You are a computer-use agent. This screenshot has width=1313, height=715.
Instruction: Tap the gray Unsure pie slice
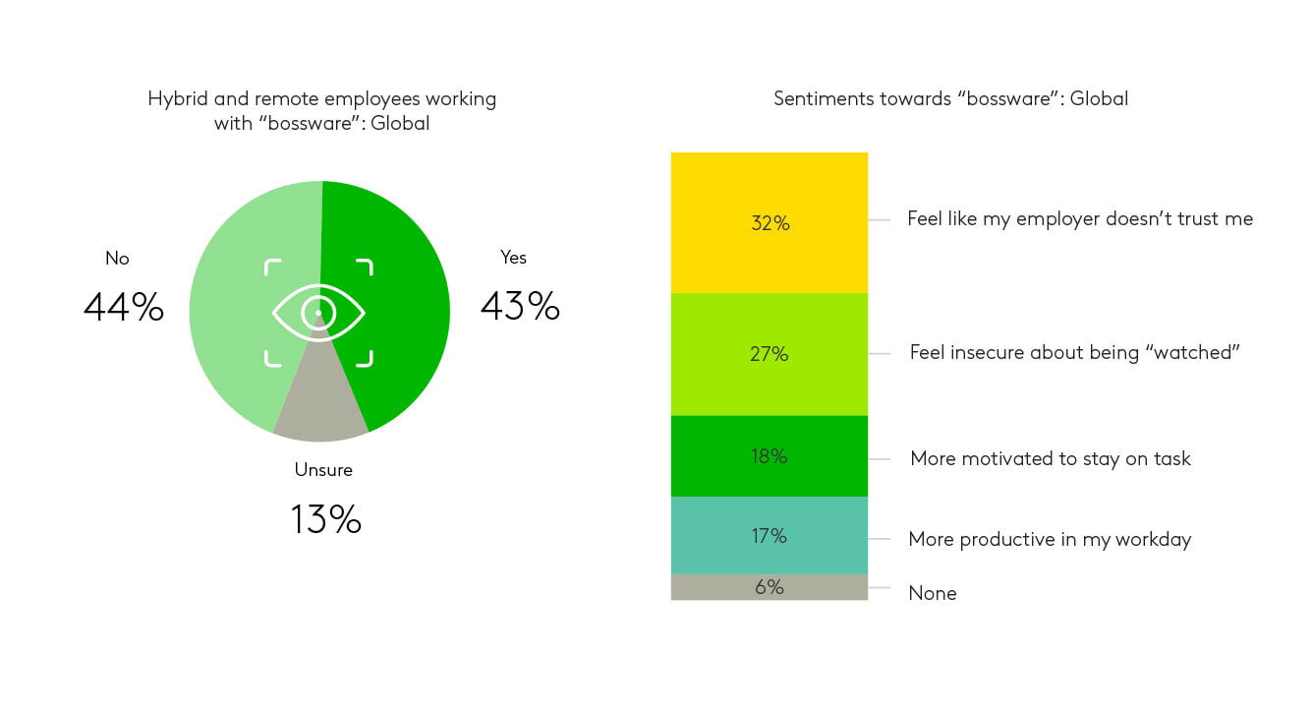coord(320,405)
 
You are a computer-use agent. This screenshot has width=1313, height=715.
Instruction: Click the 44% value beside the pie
coord(123,307)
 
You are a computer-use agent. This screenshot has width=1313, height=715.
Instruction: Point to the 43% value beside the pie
coord(520,306)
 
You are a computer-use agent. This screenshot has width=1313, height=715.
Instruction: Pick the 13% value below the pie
coord(326,518)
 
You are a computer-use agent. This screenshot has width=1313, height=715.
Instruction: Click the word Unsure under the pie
coord(323,470)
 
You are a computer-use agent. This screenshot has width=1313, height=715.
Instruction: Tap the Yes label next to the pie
coord(513,258)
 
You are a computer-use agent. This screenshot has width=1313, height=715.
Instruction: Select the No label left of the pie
coord(117,258)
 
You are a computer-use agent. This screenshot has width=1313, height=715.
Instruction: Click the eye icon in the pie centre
coord(318,313)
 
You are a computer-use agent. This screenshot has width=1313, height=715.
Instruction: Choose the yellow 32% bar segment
coord(770,223)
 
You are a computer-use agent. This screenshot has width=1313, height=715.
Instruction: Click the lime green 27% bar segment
coord(770,354)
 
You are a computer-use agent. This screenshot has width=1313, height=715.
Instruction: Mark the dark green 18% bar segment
coord(770,456)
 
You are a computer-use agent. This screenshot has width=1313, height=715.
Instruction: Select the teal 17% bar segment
coord(770,536)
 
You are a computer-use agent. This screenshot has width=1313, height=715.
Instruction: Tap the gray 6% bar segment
coord(770,587)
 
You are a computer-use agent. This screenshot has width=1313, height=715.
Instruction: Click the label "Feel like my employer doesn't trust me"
coord(1080,218)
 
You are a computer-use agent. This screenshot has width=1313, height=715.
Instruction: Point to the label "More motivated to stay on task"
coord(1051,458)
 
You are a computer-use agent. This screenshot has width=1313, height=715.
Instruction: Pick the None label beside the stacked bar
coord(933,593)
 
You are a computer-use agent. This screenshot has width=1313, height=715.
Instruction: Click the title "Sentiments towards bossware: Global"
coord(950,98)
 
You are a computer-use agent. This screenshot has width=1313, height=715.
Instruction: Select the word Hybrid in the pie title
coord(178,98)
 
